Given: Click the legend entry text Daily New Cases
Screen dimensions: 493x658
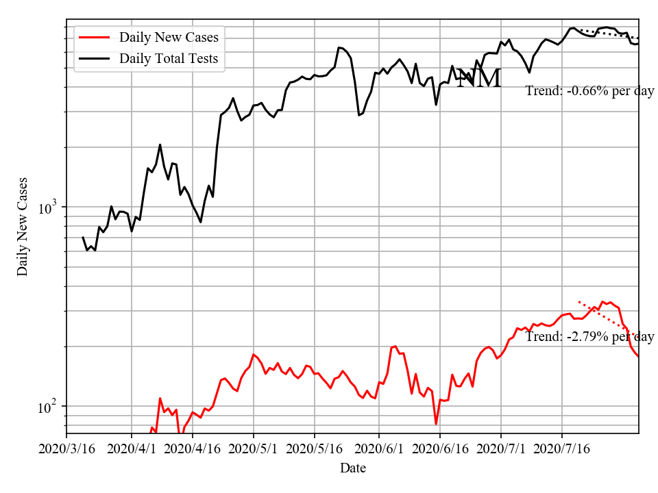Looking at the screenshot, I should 169,37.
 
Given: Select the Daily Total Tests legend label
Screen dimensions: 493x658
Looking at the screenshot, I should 169,58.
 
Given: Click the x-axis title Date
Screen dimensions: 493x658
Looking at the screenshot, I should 353,468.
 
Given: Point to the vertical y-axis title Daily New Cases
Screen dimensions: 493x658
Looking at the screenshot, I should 23,226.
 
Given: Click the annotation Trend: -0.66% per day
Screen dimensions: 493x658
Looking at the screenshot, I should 589,90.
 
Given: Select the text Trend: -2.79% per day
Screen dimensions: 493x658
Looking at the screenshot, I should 589,336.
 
